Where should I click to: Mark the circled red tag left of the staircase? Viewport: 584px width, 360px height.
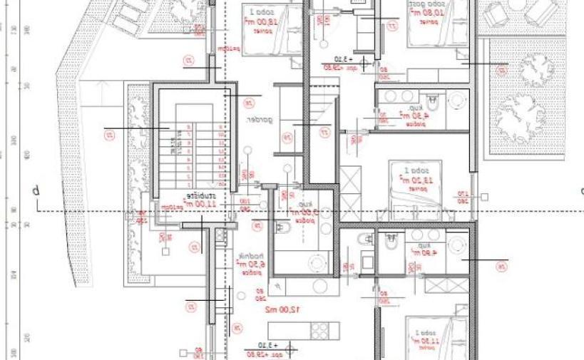[x=111, y=134]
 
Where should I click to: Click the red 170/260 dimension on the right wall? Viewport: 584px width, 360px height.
[x=482, y=197]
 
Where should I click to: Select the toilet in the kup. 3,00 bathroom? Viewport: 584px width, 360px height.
[x=282, y=230]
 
